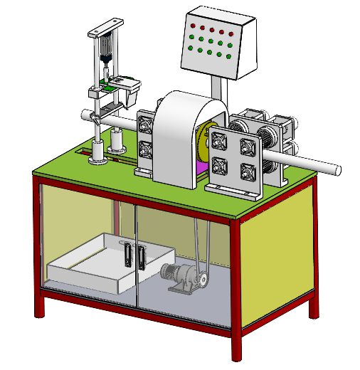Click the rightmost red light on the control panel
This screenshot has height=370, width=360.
(231, 33)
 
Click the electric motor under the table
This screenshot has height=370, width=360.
(181, 277)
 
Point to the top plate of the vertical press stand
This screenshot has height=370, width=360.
(106, 29)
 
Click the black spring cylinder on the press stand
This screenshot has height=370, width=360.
(107, 50)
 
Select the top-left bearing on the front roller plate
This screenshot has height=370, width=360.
(219, 142)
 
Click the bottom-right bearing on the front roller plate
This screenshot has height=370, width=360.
(248, 171)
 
